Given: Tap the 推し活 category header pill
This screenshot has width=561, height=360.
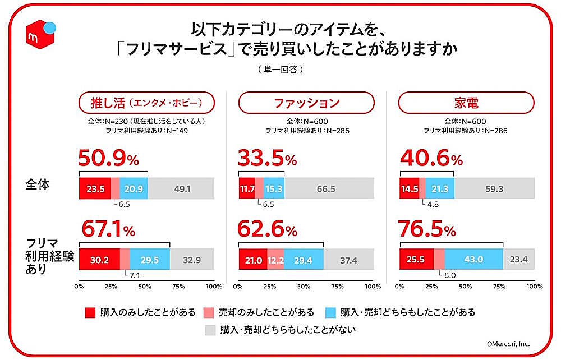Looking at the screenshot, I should point(146,103).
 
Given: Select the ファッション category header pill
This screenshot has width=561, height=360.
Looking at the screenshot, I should point(306,103).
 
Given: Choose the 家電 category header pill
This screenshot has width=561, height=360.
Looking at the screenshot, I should point(465,103).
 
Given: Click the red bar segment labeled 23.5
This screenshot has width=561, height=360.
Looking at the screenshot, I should point(94,188).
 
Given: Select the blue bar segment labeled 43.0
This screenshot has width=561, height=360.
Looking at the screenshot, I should point(474,260).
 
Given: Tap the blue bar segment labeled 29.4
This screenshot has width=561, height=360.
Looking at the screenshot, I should point(304,260).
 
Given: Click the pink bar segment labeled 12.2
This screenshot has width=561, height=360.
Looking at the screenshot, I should point(275,260).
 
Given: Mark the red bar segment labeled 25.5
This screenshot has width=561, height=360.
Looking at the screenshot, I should point(416,260).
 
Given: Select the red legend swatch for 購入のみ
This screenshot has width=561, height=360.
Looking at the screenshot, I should point(90,312).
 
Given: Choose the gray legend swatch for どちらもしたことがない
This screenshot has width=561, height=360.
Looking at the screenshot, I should point(211,329).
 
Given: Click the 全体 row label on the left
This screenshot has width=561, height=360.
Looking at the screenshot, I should point(39,184).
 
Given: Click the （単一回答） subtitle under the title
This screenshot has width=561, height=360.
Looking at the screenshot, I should point(280,70).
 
